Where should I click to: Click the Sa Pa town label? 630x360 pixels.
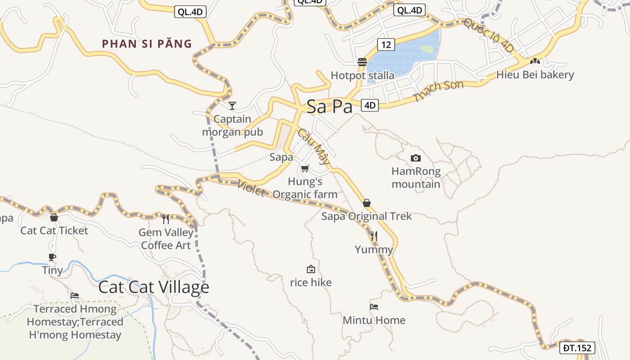click(x=329, y=106)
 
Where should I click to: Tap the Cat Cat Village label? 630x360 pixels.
click(x=153, y=287)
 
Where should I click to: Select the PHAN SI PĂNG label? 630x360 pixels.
click(x=147, y=44)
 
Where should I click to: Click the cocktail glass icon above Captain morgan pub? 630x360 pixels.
click(x=232, y=106)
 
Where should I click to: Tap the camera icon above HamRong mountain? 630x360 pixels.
click(x=416, y=158)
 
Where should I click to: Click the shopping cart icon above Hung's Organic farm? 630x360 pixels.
click(x=305, y=169)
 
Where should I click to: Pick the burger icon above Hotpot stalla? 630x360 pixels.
click(x=362, y=62)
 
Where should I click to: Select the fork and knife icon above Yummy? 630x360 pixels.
click(x=373, y=236)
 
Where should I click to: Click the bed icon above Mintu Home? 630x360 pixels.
click(x=374, y=307)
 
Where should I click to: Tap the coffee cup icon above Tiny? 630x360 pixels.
click(x=52, y=257)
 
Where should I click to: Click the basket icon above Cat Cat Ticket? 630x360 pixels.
click(x=54, y=217)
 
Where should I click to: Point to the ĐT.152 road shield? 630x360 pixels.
click(x=578, y=347)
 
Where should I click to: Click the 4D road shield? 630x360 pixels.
click(x=369, y=105)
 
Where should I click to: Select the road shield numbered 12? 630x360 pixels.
click(x=386, y=44)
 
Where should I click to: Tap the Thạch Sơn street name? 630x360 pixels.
click(x=438, y=90)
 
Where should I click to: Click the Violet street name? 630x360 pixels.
click(x=251, y=188)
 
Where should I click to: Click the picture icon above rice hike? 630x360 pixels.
click(x=310, y=270)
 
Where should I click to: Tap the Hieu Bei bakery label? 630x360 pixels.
click(x=535, y=75)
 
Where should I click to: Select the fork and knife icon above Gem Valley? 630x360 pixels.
click(x=166, y=219)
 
